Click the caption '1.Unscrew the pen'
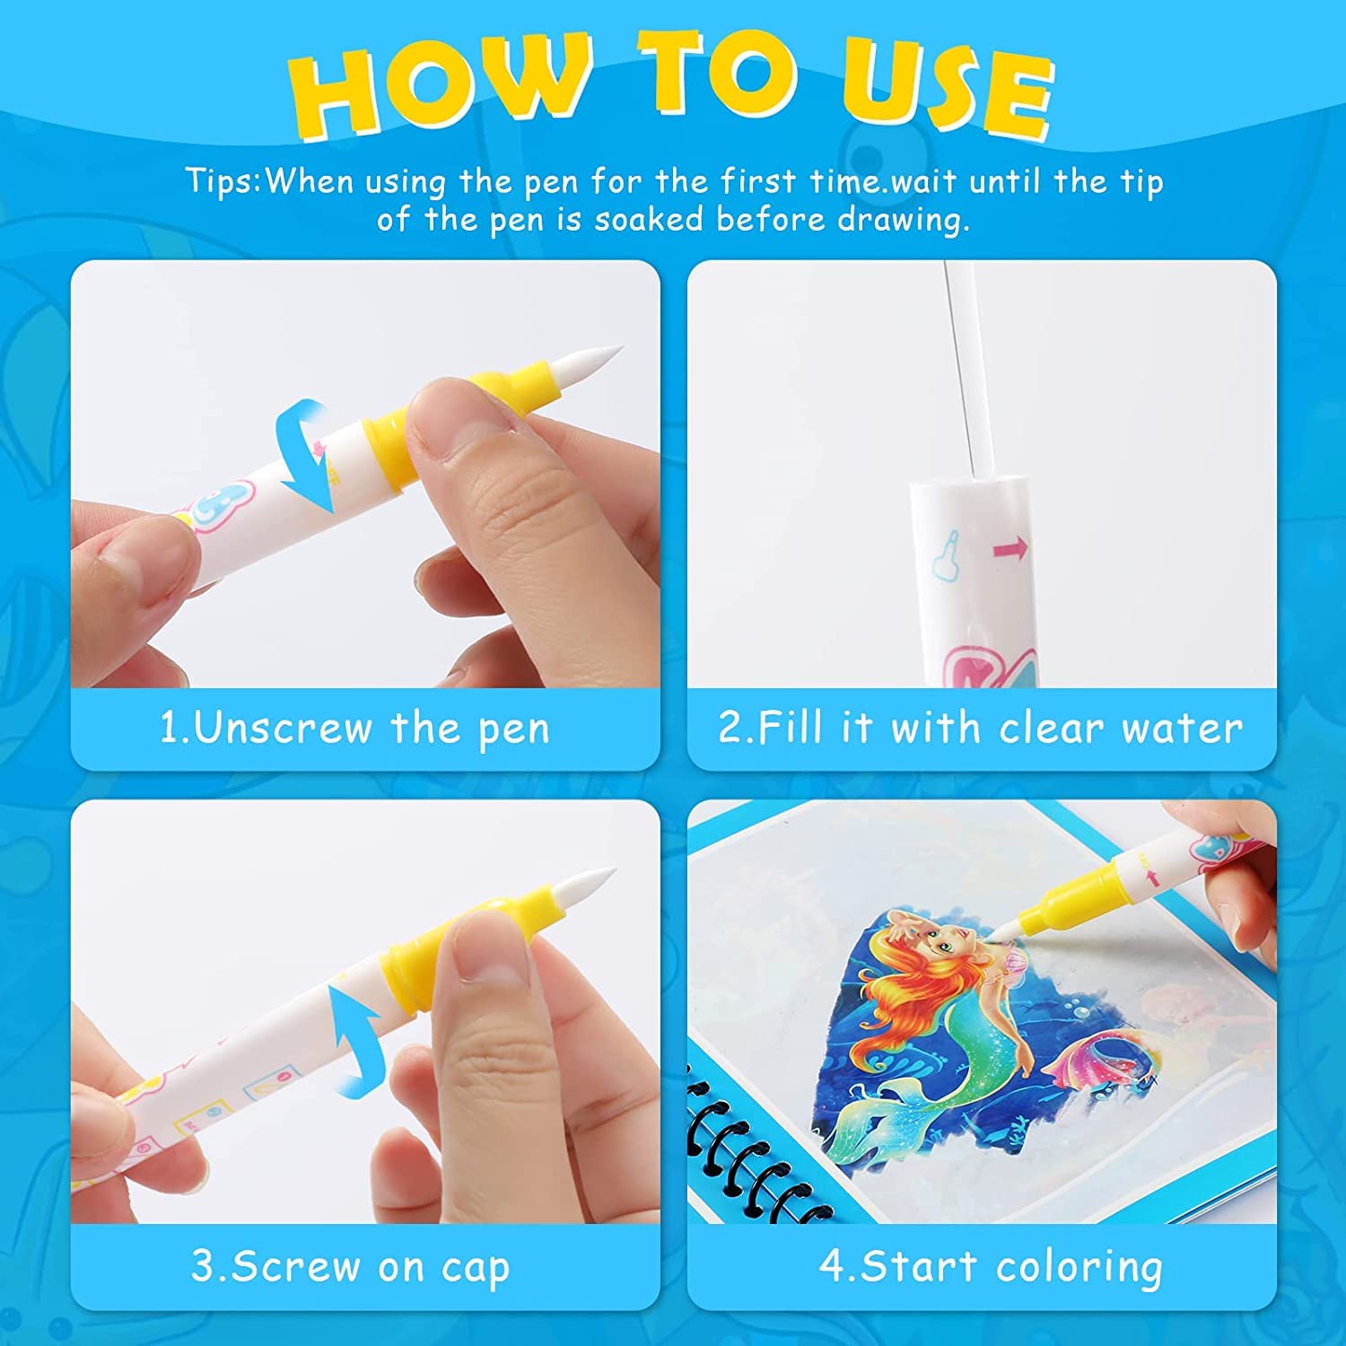click(x=354, y=728)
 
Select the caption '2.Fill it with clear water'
click(x=980, y=728)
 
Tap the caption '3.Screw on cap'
click(x=351, y=1267)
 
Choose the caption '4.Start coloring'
click(x=991, y=1267)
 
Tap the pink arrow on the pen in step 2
click(x=1011, y=546)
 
